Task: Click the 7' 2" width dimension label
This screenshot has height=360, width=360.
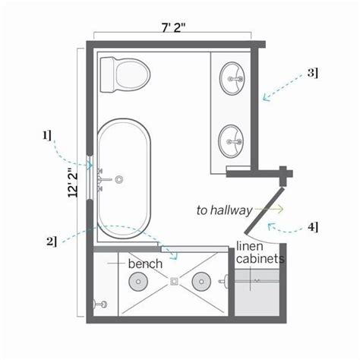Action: click(x=173, y=27)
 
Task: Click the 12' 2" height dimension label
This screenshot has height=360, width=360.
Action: click(x=73, y=182)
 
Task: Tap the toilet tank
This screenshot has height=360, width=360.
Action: click(x=108, y=74)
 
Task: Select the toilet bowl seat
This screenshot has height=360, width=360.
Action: click(x=133, y=74)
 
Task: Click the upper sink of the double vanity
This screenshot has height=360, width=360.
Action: click(x=232, y=78)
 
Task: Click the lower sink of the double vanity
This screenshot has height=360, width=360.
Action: click(x=232, y=141)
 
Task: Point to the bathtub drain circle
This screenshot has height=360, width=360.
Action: click(x=119, y=179)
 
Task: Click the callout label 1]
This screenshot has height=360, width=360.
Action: click(x=47, y=135)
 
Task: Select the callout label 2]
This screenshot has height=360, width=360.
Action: click(x=52, y=241)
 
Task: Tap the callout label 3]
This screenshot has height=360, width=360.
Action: click(x=313, y=73)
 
